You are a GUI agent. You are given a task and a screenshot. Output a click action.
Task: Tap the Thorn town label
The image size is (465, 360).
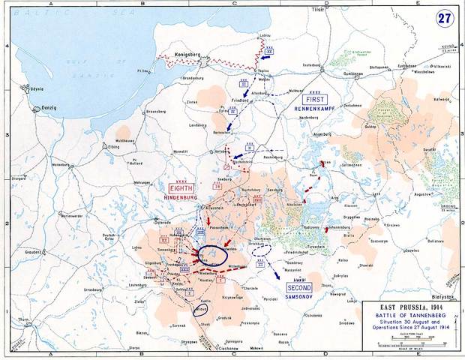pyautogui.click(x=24, y=319)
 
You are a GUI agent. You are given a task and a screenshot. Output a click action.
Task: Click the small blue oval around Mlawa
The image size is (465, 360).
pyautogui.click(x=199, y=308)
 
